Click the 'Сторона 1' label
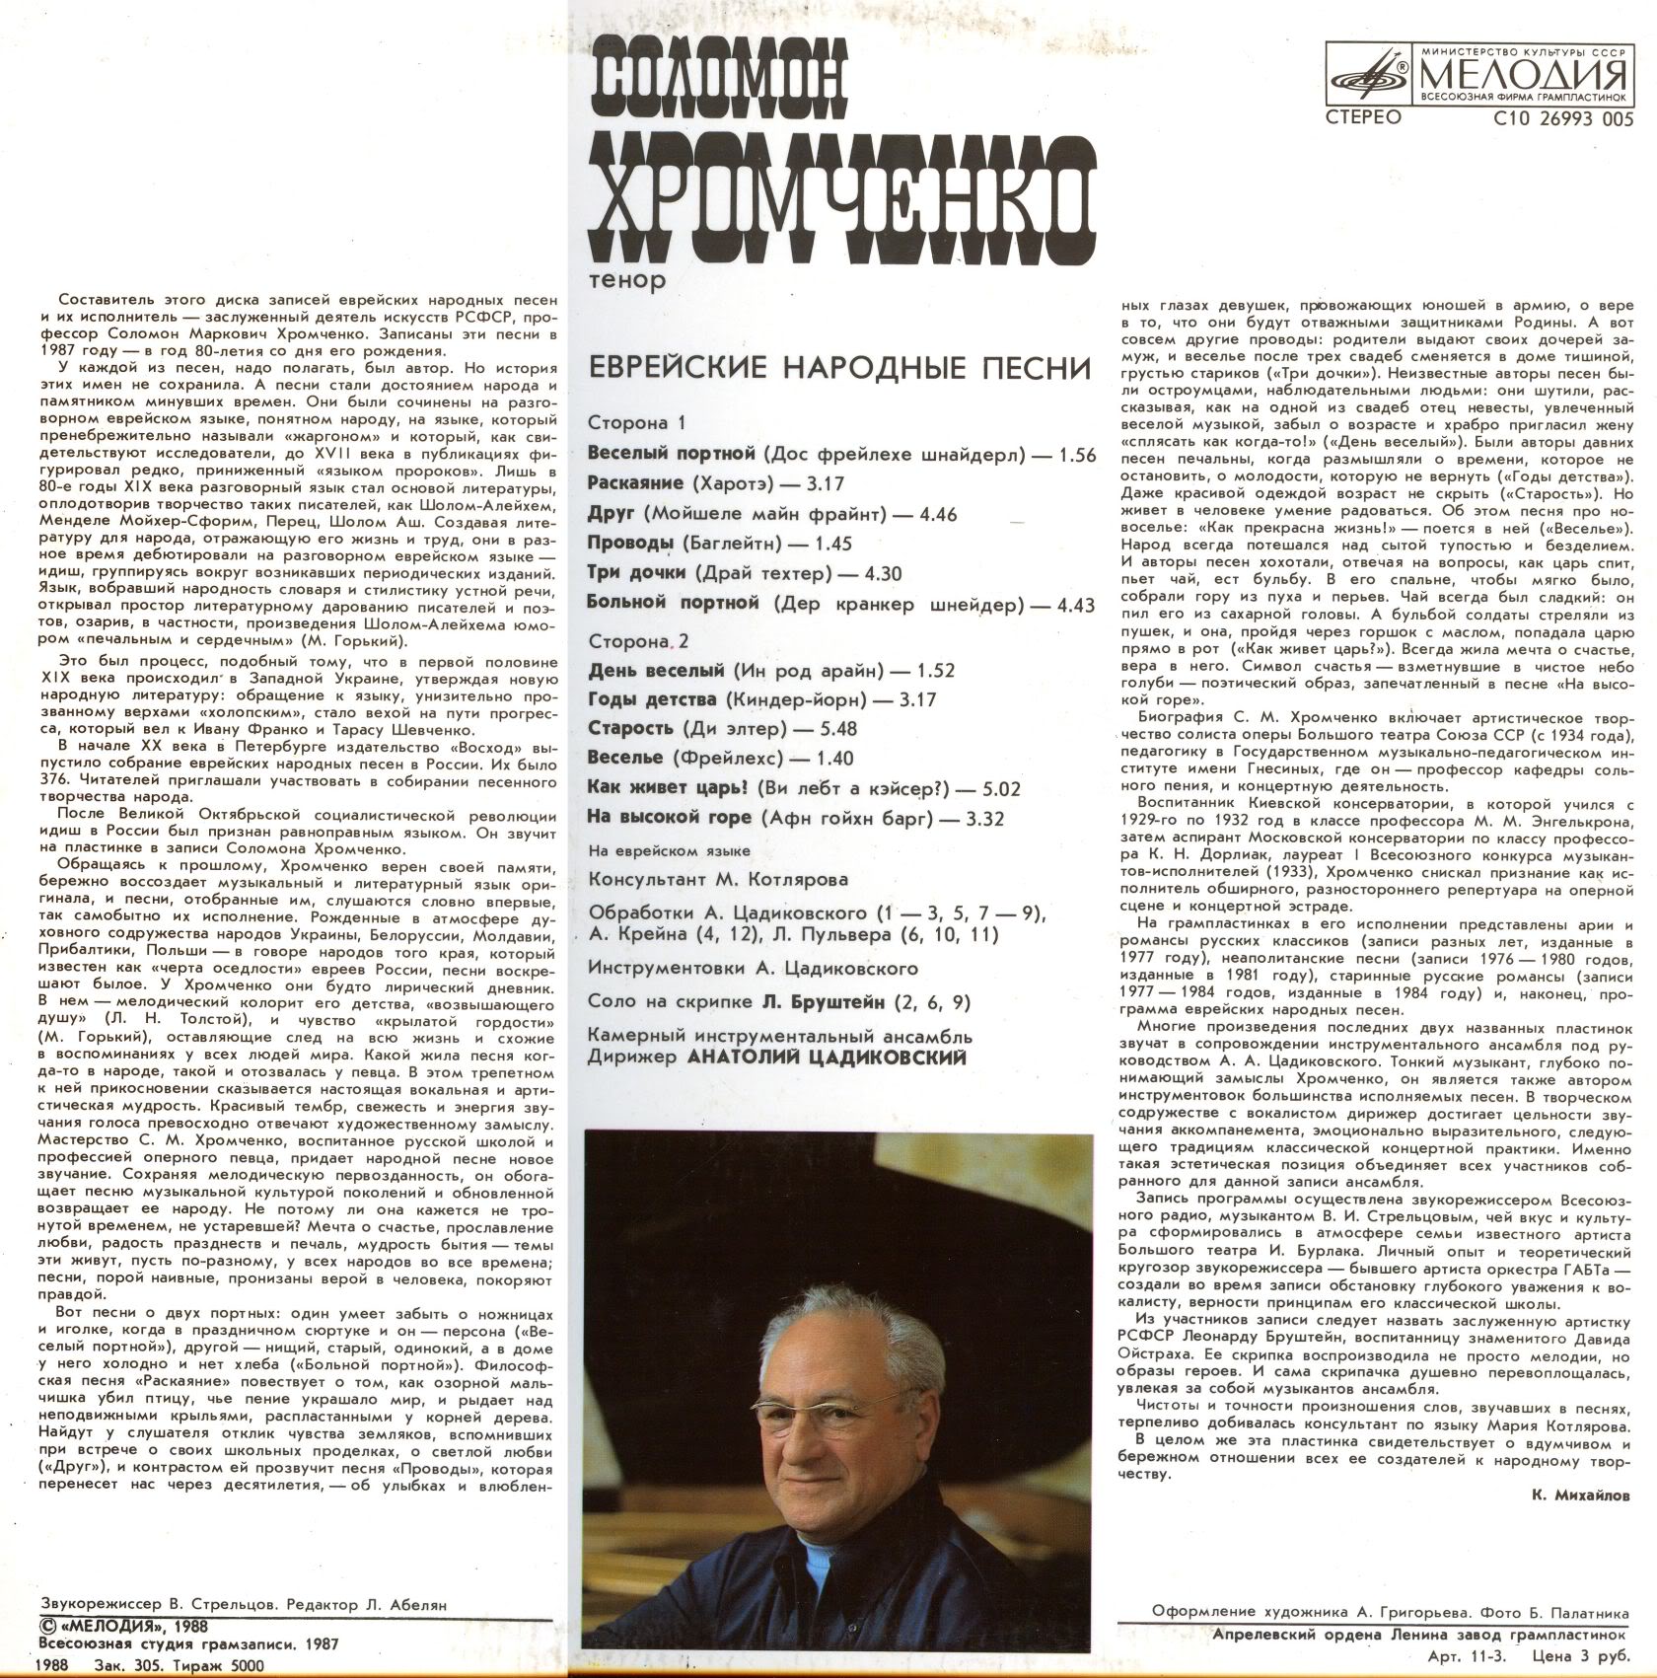635,423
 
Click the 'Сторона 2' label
637,641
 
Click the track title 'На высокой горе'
669,818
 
